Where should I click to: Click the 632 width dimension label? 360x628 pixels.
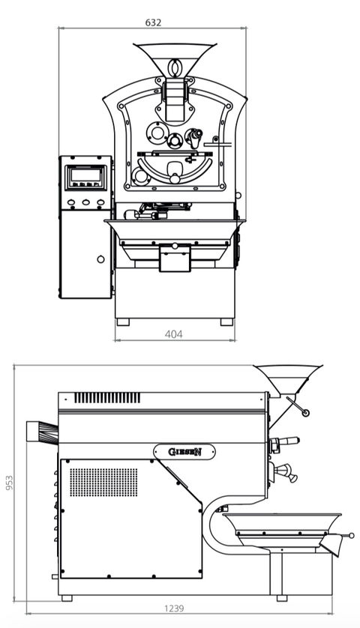[153, 22]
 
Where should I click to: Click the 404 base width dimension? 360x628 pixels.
[173, 334]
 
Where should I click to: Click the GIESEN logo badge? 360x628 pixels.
[184, 451]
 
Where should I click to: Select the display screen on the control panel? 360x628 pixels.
[84, 176]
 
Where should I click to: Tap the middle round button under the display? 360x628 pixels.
[85, 202]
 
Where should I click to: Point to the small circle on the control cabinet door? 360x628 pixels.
[100, 259]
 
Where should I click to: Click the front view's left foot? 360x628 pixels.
[122, 321]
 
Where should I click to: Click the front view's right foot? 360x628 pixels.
[226, 321]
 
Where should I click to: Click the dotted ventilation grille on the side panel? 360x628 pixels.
[103, 483]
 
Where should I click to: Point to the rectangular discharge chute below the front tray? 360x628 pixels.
[174, 259]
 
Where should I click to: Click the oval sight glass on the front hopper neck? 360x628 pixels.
[175, 67]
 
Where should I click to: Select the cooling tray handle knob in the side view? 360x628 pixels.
[352, 535]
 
